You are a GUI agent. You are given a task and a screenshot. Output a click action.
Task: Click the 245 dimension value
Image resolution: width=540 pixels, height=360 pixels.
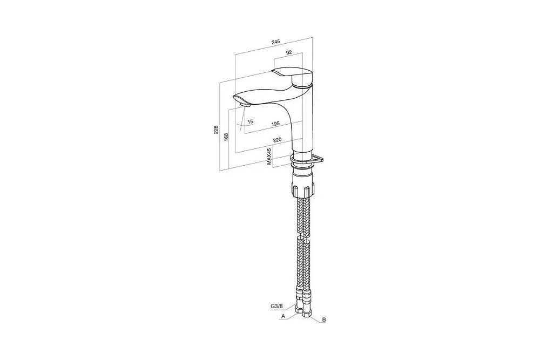275,42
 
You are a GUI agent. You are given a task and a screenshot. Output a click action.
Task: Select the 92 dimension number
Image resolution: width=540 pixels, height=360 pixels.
289,52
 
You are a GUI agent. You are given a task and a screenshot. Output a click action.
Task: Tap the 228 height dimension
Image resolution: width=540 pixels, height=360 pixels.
216,130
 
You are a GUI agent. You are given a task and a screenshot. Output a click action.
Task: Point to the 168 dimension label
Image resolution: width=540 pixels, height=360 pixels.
226,137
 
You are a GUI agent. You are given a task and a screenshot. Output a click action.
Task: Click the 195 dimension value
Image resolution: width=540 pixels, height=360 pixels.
275,124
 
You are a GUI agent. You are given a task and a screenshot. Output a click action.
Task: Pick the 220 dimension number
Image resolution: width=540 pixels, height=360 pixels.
277,140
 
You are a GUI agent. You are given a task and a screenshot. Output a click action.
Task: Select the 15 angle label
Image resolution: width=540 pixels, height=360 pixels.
251,121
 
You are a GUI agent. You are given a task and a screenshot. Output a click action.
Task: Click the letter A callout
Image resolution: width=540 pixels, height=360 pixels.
283,315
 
